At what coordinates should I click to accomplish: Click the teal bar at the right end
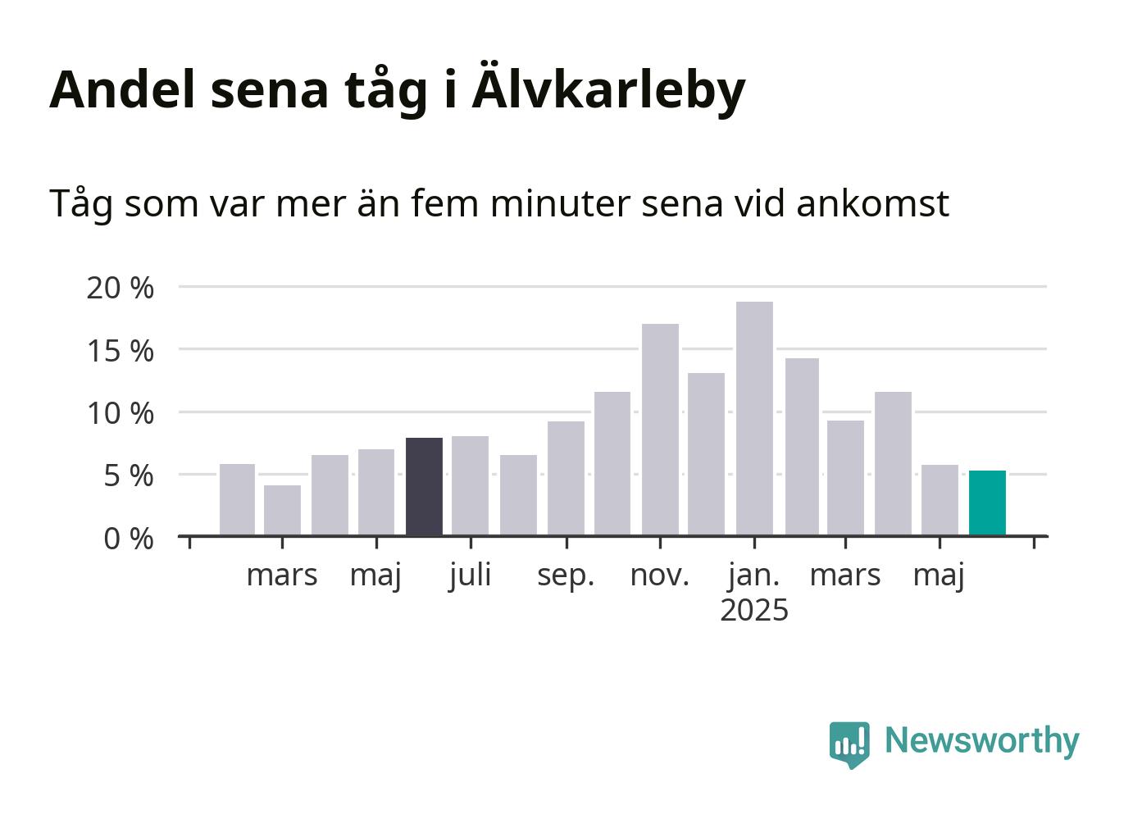(987, 503)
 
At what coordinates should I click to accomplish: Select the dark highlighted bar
(424, 486)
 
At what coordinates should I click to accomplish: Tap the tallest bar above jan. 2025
(755, 418)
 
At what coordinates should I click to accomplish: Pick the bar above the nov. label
(660, 430)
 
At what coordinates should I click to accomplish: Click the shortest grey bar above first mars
(282, 510)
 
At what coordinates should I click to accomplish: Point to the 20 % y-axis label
(120, 289)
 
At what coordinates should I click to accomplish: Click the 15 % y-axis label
(120, 351)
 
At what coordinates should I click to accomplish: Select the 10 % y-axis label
(120, 413)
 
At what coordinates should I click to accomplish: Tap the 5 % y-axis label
(129, 476)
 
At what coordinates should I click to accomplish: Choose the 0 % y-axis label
(129, 539)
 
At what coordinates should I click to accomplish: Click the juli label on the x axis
(470, 576)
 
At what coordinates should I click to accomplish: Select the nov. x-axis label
(660, 576)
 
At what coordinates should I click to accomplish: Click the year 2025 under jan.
(754, 610)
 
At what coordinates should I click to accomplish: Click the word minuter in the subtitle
(560, 204)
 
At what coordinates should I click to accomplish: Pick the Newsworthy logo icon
(849, 744)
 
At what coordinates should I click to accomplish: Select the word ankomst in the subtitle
(872, 204)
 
